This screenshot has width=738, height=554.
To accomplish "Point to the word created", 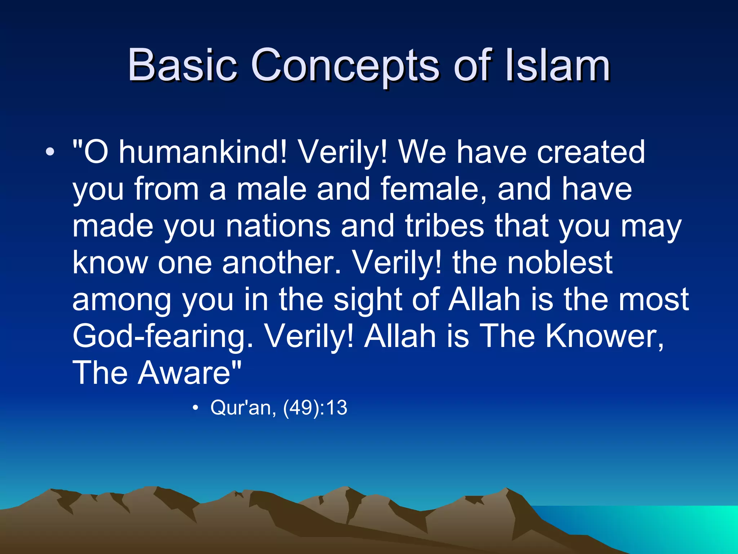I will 591,152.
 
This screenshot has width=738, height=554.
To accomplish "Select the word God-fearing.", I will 163,336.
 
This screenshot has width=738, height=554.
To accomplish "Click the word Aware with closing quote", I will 190,373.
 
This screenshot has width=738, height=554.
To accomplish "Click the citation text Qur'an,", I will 243,408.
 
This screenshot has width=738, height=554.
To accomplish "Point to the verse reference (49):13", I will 315,408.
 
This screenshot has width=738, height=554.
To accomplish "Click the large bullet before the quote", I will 50,153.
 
